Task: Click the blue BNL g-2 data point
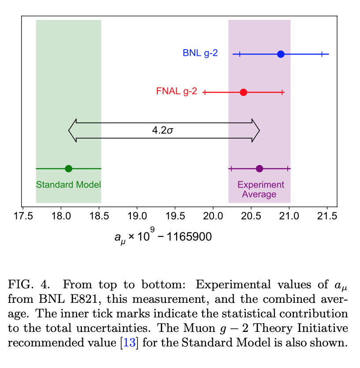click(x=281, y=54)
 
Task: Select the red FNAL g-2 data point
click(x=243, y=92)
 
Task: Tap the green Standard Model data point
click(x=68, y=169)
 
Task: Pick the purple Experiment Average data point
click(x=260, y=169)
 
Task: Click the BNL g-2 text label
click(x=200, y=54)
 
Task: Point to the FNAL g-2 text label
click(x=176, y=92)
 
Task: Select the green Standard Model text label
click(x=68, y=184)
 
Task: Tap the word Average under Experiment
click(x=259, y=195)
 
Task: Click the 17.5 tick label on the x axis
click(x=22, y=216)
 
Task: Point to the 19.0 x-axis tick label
click(x=137, y=216)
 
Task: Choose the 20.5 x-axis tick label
click(x=251, y=216)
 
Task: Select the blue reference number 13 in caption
click(x=129, y=343)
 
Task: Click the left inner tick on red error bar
click(x=205, y=92)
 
